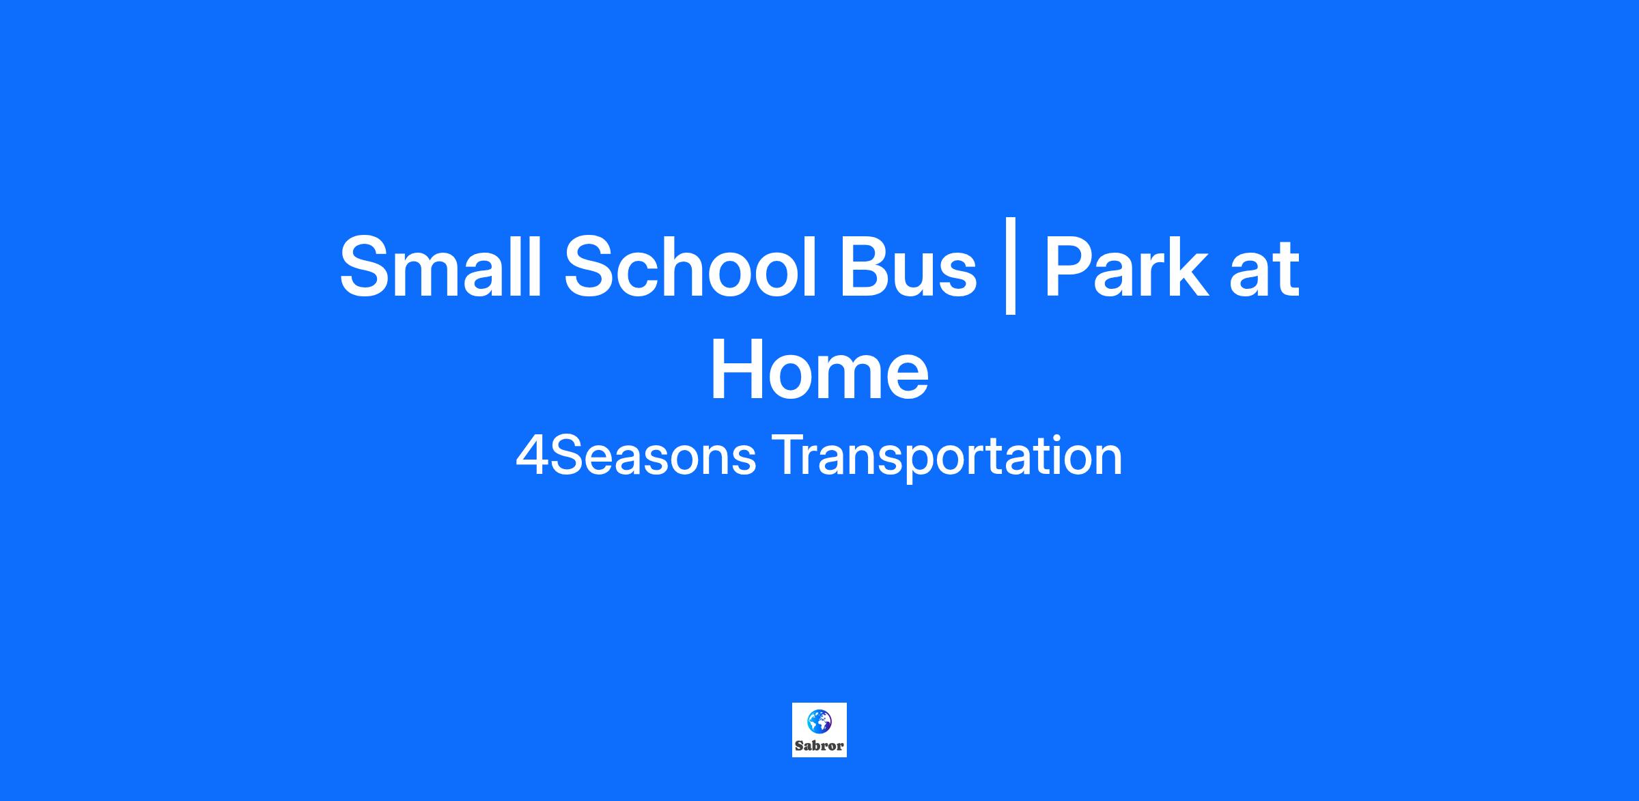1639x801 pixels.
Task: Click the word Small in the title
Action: tap(440, 265)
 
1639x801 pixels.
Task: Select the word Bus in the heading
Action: tap(908, 266)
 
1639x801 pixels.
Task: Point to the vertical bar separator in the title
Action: tap(1011, 266)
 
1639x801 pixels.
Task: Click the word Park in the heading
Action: tap(1125, 265)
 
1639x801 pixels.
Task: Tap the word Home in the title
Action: tap(819, 369)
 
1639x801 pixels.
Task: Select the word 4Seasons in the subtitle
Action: tap(636, 455)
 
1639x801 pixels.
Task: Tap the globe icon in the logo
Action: tap(819, 721)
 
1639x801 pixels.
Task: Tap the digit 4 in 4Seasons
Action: tap(532, 456)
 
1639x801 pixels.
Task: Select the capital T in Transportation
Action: tap(789, 456)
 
